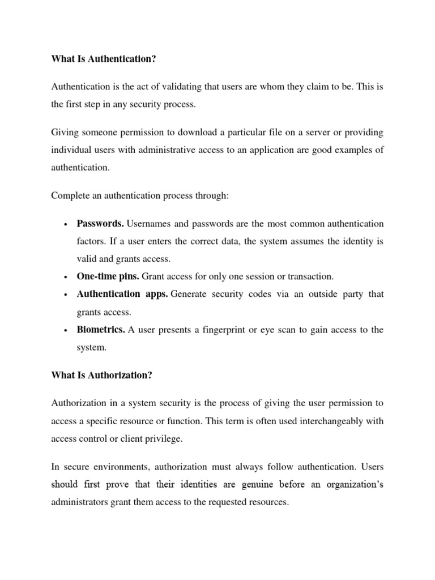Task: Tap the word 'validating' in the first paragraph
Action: point(172,86)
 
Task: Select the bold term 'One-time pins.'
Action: point(108,276)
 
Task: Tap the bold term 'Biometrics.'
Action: point(101,330)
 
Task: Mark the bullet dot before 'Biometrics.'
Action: point(66,331)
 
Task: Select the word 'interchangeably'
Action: point(322,420)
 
